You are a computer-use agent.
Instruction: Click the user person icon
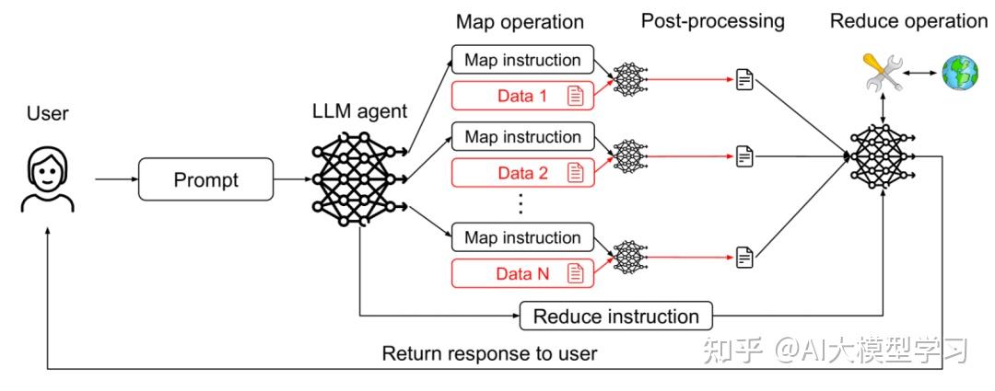(48, 179)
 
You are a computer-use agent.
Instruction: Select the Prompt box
(205, 179)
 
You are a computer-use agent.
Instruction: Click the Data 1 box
(522, 96)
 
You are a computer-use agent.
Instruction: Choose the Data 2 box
(522, 172)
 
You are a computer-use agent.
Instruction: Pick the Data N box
(522, 273)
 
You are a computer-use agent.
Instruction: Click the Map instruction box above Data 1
(522, 60)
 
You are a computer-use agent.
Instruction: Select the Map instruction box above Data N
(522, 237)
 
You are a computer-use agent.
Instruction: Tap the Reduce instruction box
(615, 316)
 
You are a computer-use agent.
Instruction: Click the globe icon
(960, 73)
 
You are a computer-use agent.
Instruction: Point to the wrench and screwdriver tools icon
(884, 73)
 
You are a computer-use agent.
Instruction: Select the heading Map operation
(520, 21)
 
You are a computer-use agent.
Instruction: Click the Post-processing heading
(712, 21)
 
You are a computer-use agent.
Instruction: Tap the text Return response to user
(489, 353)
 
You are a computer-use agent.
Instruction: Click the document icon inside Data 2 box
(576, 172)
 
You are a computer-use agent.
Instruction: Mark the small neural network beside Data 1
(629, 78)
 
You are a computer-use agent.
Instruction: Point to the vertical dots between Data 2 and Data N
(521, 204)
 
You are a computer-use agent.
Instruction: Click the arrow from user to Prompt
(117, 179)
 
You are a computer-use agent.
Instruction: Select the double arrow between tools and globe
(922, 73)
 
